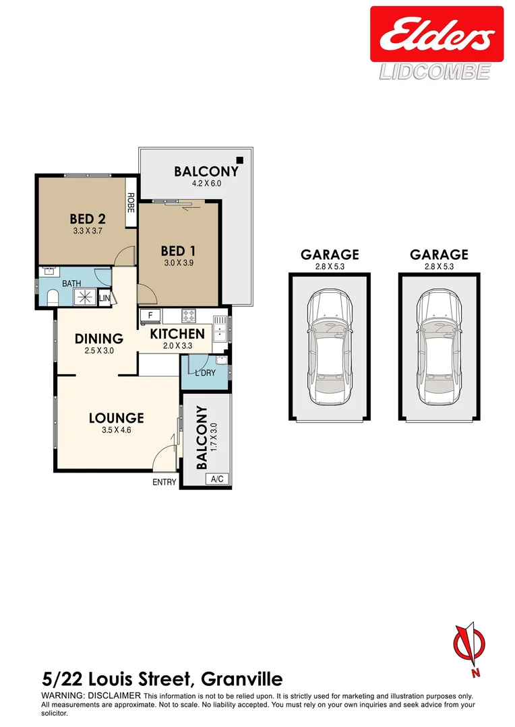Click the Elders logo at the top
(436, 35)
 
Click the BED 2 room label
(88, 219)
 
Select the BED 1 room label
(178, 251)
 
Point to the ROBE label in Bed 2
(131, 203)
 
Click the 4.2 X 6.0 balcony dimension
(206, 183)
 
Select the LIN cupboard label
(104, 298)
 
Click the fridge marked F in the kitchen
(150, 315)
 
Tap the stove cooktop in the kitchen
(187, 315)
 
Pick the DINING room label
(98, 339)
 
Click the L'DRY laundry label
(205, 373)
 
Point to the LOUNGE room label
(117, 418)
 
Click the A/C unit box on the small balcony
(217, 479)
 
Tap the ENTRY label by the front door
(164, 482)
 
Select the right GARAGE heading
(439, 254)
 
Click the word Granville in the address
(239, 679)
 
